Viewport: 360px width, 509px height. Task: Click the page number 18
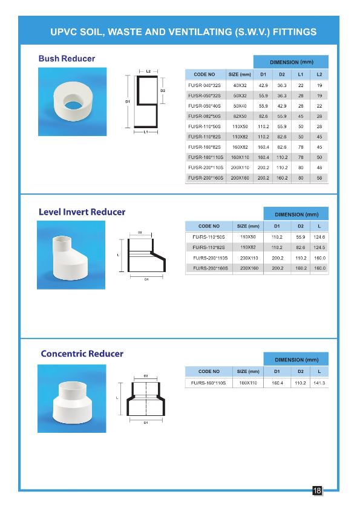317,491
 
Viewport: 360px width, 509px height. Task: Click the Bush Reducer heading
67,59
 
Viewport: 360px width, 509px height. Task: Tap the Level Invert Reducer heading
82,212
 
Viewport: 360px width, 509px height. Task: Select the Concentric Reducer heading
82,354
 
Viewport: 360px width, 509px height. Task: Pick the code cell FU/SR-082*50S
205,116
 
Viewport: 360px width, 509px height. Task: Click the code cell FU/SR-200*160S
206,178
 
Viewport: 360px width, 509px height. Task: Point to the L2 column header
319,74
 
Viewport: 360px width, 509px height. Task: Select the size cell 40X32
240,85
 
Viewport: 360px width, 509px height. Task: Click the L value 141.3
319,383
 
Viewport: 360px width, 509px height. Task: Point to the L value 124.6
319,237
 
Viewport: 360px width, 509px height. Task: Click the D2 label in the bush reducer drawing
163,91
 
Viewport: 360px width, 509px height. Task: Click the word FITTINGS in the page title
289,31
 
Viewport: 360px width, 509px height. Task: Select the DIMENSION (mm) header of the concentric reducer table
296,360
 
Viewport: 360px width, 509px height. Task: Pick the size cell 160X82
240,147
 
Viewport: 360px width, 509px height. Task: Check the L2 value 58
319,178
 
